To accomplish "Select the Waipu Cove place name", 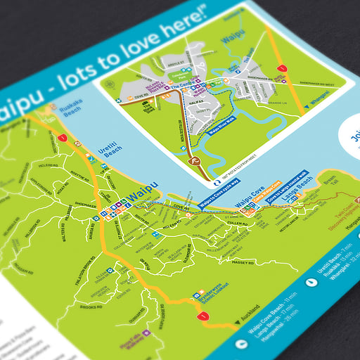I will tap(249, 202).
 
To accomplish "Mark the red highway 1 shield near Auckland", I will tap(205, 316).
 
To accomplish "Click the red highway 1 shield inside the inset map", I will tap(281, 68).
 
